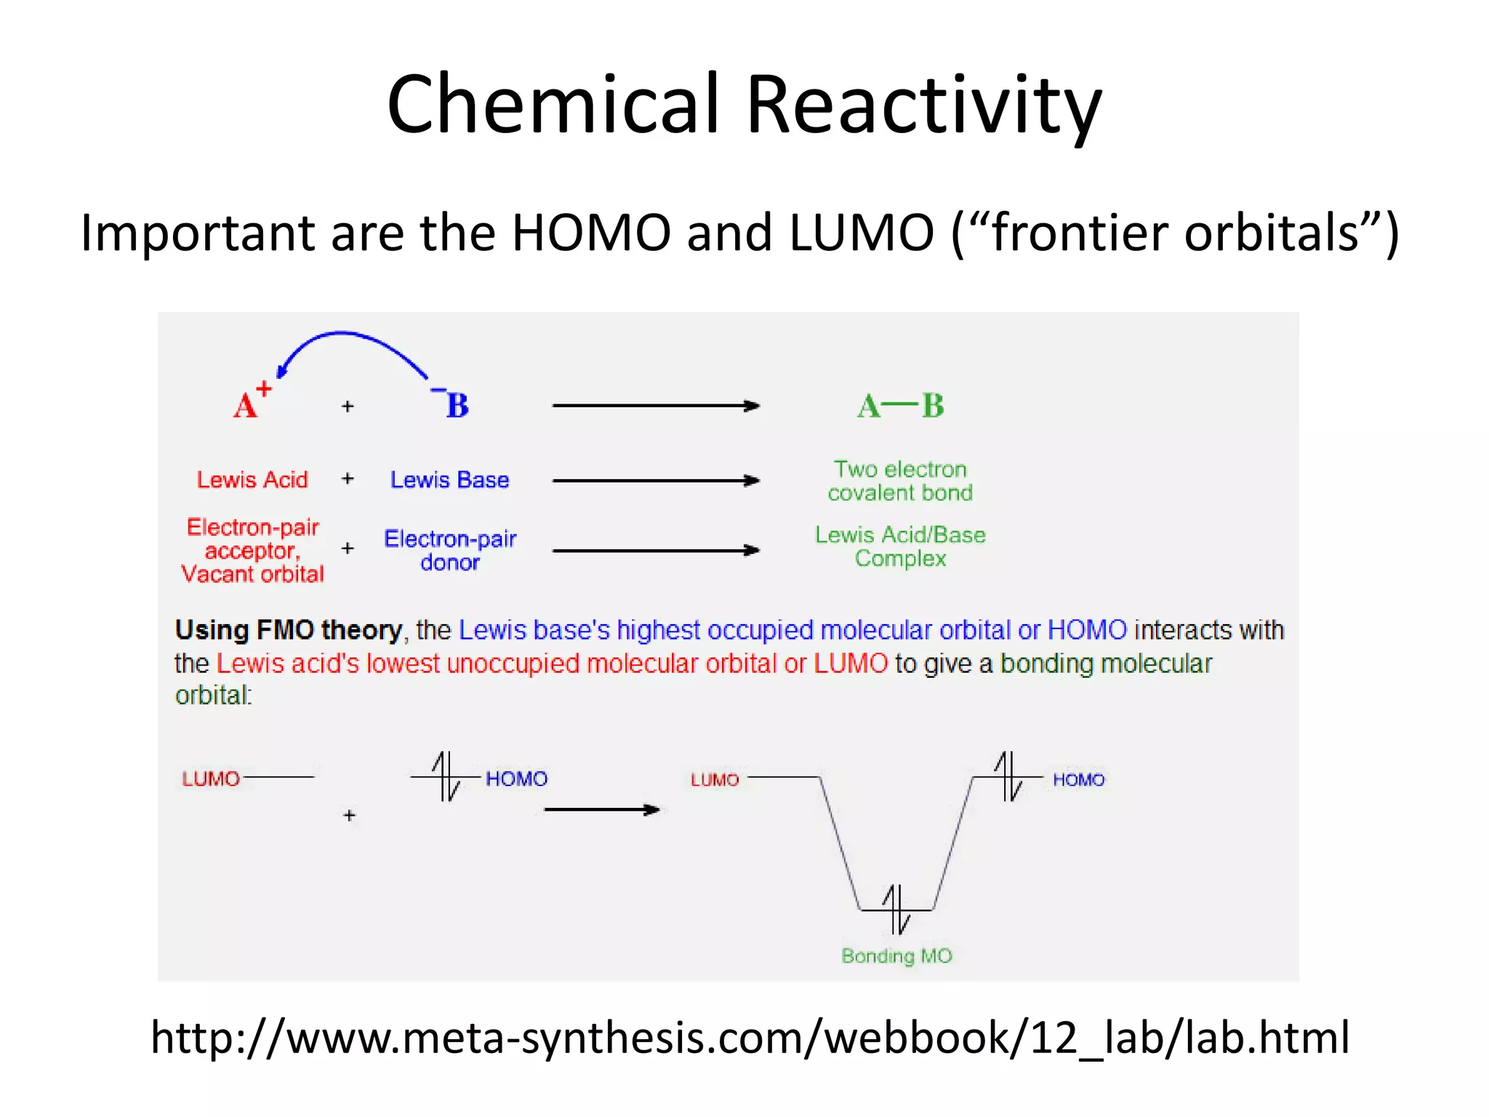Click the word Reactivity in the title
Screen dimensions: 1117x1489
(x=923, y=105)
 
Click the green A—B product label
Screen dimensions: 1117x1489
(x=900, y=406)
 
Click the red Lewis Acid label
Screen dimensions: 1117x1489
(x=252, y=480)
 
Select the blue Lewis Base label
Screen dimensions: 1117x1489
(x=449, y=480)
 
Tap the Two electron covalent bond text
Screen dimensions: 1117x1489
(x=900, y=481)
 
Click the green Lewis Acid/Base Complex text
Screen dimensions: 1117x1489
(x=900, y=546)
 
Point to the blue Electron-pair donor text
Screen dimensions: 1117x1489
(x=450, y=551)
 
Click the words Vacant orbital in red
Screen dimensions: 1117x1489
(x=252, y=574)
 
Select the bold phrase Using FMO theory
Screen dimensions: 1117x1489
(x=289, y=630)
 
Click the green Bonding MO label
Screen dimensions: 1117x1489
(x=896, y=956)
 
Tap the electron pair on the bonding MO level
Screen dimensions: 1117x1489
(x=896, y=909)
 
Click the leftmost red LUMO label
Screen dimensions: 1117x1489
(x=211, y=779)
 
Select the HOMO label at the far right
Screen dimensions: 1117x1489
(x=1078, y=780)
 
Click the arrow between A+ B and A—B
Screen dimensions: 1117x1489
(x=656, y=406)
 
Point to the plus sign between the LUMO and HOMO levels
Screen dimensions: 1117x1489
(x=350, y=816)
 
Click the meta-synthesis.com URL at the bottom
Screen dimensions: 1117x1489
(x=749, y=1037)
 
